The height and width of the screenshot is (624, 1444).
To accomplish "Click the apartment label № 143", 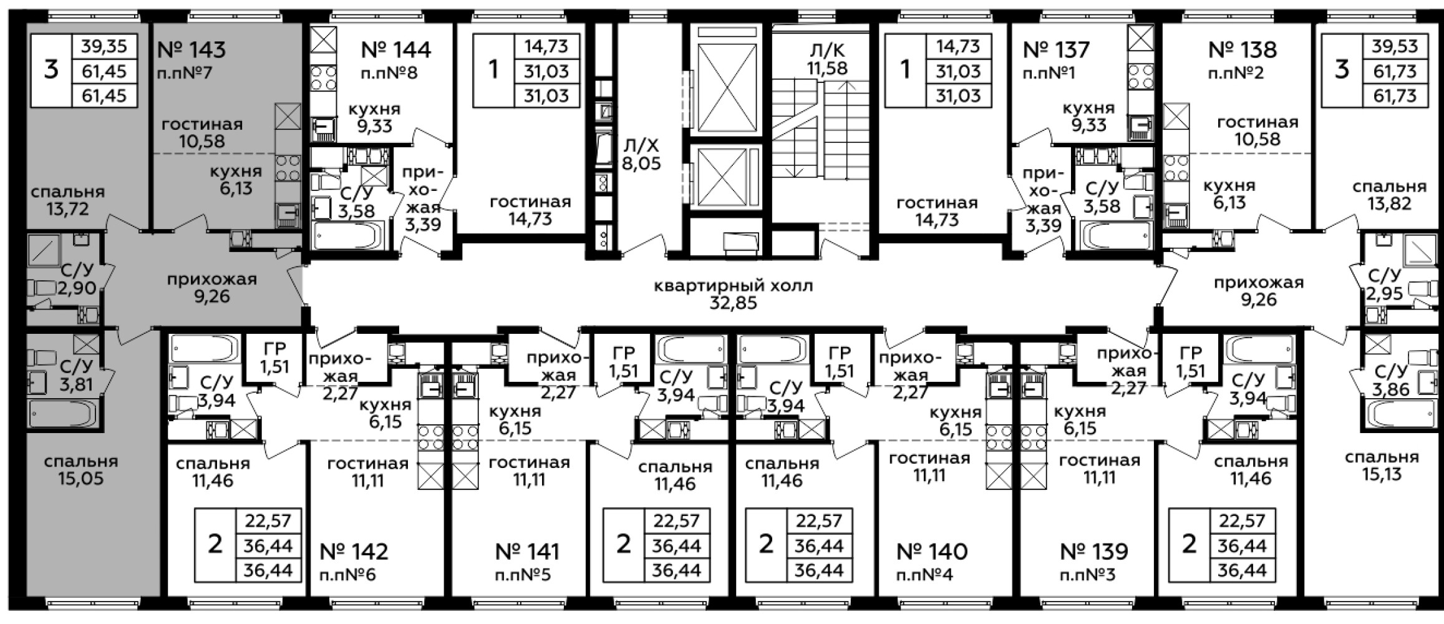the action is point(192,49).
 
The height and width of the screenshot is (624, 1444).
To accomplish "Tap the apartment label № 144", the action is point(396,49).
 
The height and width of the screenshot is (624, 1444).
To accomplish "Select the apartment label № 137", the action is point(1057,49).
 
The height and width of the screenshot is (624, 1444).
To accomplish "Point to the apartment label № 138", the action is point(1243,49).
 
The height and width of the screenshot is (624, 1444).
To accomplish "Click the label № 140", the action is point(932,552).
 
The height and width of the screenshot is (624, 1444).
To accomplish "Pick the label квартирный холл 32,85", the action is point(734,295).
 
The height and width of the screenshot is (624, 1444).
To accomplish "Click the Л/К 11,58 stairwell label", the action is point(828,59).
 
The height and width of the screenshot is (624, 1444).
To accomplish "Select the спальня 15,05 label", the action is point(81,470).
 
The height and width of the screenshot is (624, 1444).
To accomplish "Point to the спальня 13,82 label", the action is point(1390,195).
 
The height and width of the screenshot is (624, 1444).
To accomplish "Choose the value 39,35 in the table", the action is point(104,46).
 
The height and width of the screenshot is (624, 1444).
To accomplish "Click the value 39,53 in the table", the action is point(1395,46).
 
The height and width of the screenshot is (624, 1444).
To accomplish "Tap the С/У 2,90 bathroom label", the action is point(77,279).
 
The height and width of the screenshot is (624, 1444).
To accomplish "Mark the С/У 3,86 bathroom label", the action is point(1390,381).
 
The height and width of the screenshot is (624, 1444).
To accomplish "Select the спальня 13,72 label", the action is point(67,200).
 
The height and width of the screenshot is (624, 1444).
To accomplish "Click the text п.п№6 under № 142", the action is point(347,575).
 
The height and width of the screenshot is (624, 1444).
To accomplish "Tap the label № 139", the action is point(1094,552).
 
